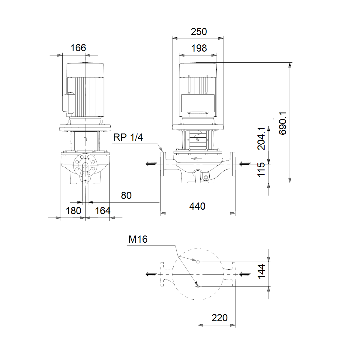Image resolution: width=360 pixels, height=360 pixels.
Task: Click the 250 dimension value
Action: pos(199,32)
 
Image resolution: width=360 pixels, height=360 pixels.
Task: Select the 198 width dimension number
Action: pos(199,48)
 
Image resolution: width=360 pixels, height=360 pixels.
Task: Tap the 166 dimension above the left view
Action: pos(78,48)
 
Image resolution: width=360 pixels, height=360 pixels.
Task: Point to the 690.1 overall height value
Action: pos(283,123)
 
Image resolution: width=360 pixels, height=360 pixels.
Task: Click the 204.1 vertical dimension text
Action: pos(261,138)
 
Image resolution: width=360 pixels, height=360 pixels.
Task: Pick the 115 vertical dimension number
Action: pos(261,169)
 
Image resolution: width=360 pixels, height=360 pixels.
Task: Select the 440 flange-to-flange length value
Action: pos(197,206)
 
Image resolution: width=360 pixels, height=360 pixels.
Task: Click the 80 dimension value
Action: pos(126,195)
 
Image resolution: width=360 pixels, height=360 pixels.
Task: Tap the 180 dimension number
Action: pos(73,211)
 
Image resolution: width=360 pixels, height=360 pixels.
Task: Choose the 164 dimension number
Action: pos(103,211)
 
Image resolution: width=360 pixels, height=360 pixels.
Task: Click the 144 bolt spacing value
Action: pos(261,271)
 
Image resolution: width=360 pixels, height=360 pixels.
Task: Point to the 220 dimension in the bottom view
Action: pos(220,318)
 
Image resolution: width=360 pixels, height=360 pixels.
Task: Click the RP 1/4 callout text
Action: pos(128,137)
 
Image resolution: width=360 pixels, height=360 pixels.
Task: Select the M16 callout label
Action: pos(138,239)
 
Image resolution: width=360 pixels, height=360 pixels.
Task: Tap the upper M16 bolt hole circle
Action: pos(198,262)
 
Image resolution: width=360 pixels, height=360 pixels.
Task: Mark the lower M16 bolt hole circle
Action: pos(198,286)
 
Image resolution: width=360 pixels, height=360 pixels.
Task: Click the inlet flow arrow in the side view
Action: pos(245,164)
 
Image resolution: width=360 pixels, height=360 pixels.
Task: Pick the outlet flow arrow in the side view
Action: pos(151,164)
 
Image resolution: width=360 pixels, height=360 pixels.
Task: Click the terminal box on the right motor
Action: pos(198,103)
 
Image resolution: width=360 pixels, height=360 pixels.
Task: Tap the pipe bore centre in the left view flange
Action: pos(85,166)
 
